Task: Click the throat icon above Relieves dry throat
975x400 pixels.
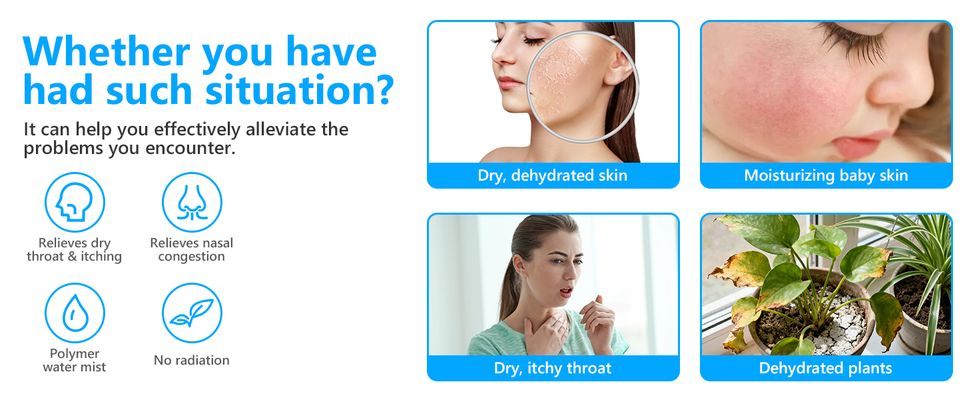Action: (75, 203)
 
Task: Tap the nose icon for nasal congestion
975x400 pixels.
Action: (192, 203)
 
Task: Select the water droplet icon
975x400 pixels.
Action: (75, 313)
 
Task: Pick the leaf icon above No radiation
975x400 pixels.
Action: (192, 313)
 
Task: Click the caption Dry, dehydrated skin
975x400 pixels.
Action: (552, 176)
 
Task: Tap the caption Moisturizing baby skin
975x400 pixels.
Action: (826, 176)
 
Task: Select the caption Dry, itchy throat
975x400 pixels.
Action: (552, 368)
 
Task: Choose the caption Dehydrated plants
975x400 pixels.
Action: (825, 368)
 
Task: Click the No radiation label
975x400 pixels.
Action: (192, 361)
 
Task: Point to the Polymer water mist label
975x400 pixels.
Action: (75, 361)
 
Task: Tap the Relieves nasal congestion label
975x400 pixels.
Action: (192, 250)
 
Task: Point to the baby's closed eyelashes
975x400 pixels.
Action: (852, 40)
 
